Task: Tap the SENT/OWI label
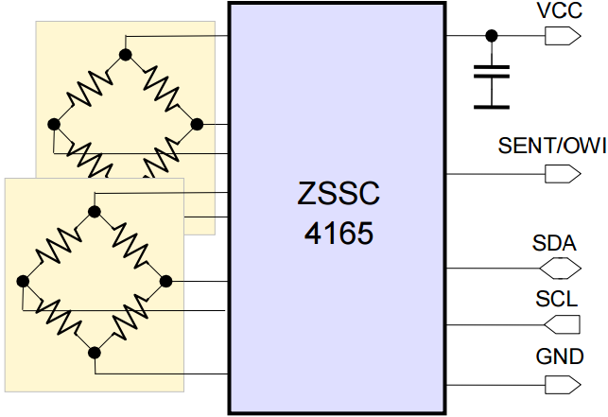pyautogui.click(x=551, y=147)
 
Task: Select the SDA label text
pyautogui.click(x=555, y=244)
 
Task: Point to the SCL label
pyautogui.click(x=557, y=300)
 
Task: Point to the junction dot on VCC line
pyautogui.click(x=491, y=36)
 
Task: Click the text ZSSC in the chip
pyautogui.click(x=338, y=195)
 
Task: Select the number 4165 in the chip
pyautogui.click(x=338, y=233)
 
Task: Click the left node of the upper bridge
pyautogui.click(x=54, y=124)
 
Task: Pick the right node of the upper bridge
pyautogui.click(x=198, y=124)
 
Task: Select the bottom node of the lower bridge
pyautogui.click(x=95, y=353)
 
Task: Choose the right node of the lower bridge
pyautogui.click(x=166, y=281)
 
